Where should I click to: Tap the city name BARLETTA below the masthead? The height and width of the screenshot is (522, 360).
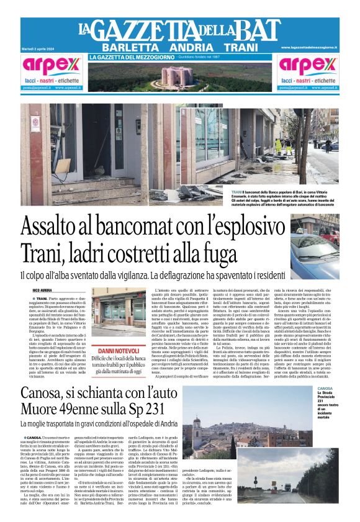(127, 48)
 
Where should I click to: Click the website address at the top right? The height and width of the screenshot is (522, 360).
(317, 47)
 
